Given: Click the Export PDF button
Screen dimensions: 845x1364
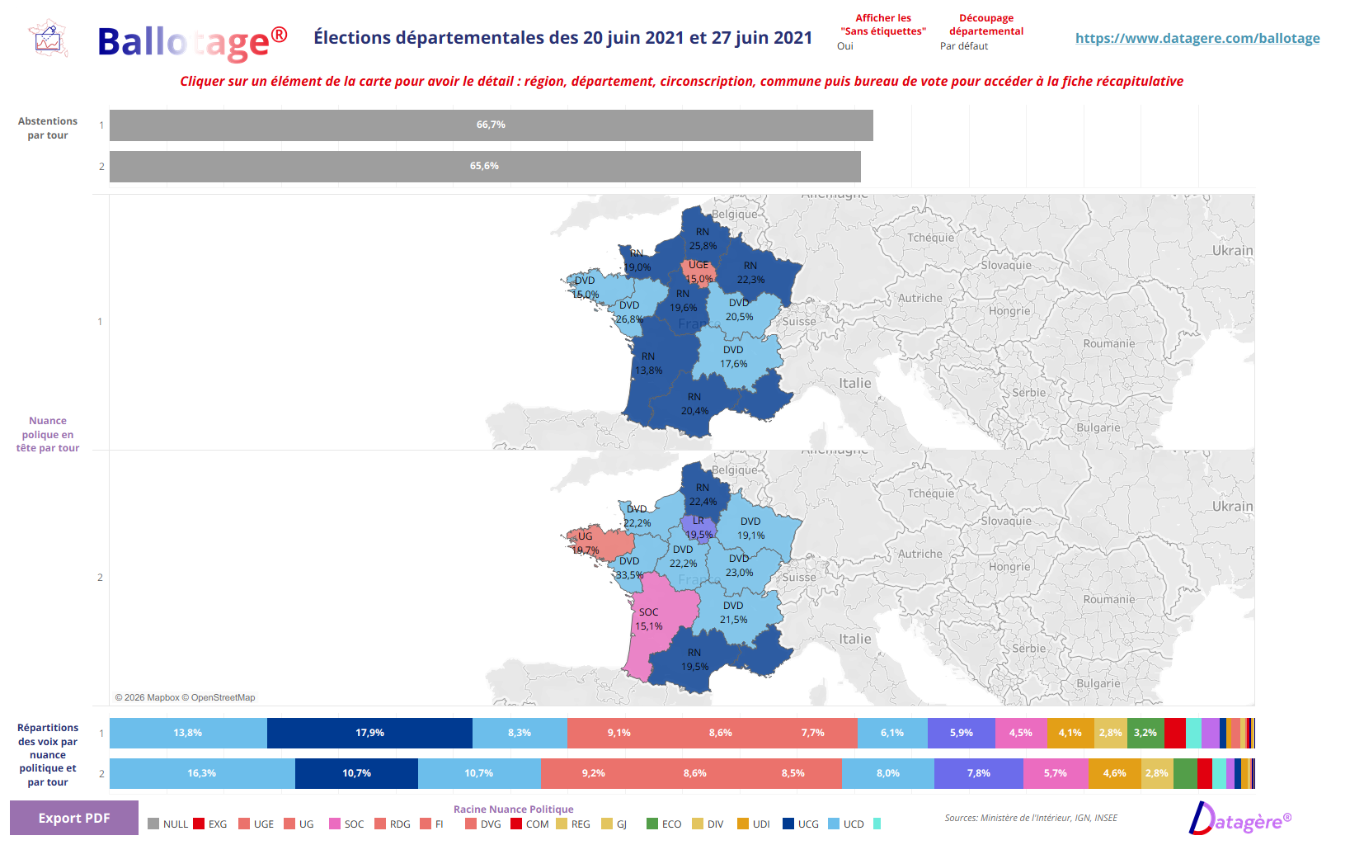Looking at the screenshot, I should (x=73, y=818).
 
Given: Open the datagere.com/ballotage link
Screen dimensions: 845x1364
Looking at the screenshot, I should (x=1197, y=38).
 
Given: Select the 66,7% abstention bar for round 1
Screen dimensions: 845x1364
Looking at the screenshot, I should (x=491, y=125).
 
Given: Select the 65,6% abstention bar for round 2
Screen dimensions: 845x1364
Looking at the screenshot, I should (x=485, y=167).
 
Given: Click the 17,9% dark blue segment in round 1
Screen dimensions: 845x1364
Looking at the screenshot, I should (x=369, y=733).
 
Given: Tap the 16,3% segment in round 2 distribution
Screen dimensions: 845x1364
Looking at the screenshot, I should (x=202, y=773).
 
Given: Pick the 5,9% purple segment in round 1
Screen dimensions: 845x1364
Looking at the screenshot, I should (x=961, y=733).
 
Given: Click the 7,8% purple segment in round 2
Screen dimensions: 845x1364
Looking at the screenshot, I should (x=978, y=773).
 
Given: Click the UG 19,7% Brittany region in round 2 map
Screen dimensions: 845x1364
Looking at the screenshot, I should (x=598, y=544).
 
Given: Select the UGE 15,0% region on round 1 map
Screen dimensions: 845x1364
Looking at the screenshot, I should (x=698, y=271).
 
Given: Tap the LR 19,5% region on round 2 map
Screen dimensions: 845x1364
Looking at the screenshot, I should (x=698, y=527).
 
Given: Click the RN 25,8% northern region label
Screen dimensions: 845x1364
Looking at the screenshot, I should (x=703, y=238).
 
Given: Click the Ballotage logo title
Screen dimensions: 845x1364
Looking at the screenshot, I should (x=191, y=42).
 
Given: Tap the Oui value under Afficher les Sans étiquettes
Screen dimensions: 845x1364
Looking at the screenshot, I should (x=845, y=46).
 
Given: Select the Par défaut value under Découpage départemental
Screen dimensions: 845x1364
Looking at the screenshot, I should (x=963, y=46).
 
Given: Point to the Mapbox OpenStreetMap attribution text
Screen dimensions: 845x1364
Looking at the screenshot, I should (x=185, y=697).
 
